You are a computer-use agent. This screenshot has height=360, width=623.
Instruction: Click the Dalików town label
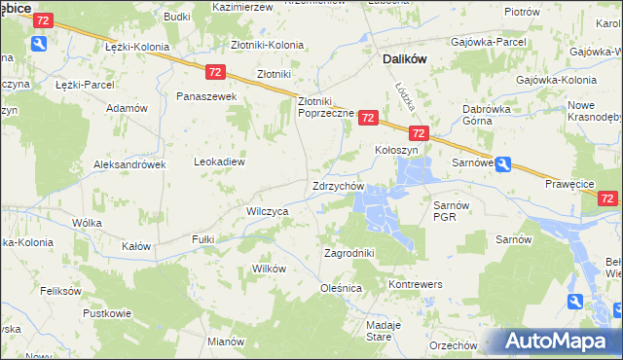coord(400,58)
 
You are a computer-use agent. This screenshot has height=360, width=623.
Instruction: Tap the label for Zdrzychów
coord(338,186)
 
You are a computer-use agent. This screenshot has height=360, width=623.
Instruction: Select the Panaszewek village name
coord(206,96)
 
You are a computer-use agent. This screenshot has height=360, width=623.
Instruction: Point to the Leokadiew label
coord(219,162)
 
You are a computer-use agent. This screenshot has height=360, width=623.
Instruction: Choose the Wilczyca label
coord(267,210)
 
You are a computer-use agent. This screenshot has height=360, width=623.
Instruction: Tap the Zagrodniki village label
coord(348,253)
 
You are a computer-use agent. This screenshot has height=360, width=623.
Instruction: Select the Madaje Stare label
coord(378,330)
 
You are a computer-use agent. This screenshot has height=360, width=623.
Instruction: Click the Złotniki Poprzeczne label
coord(325,106)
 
